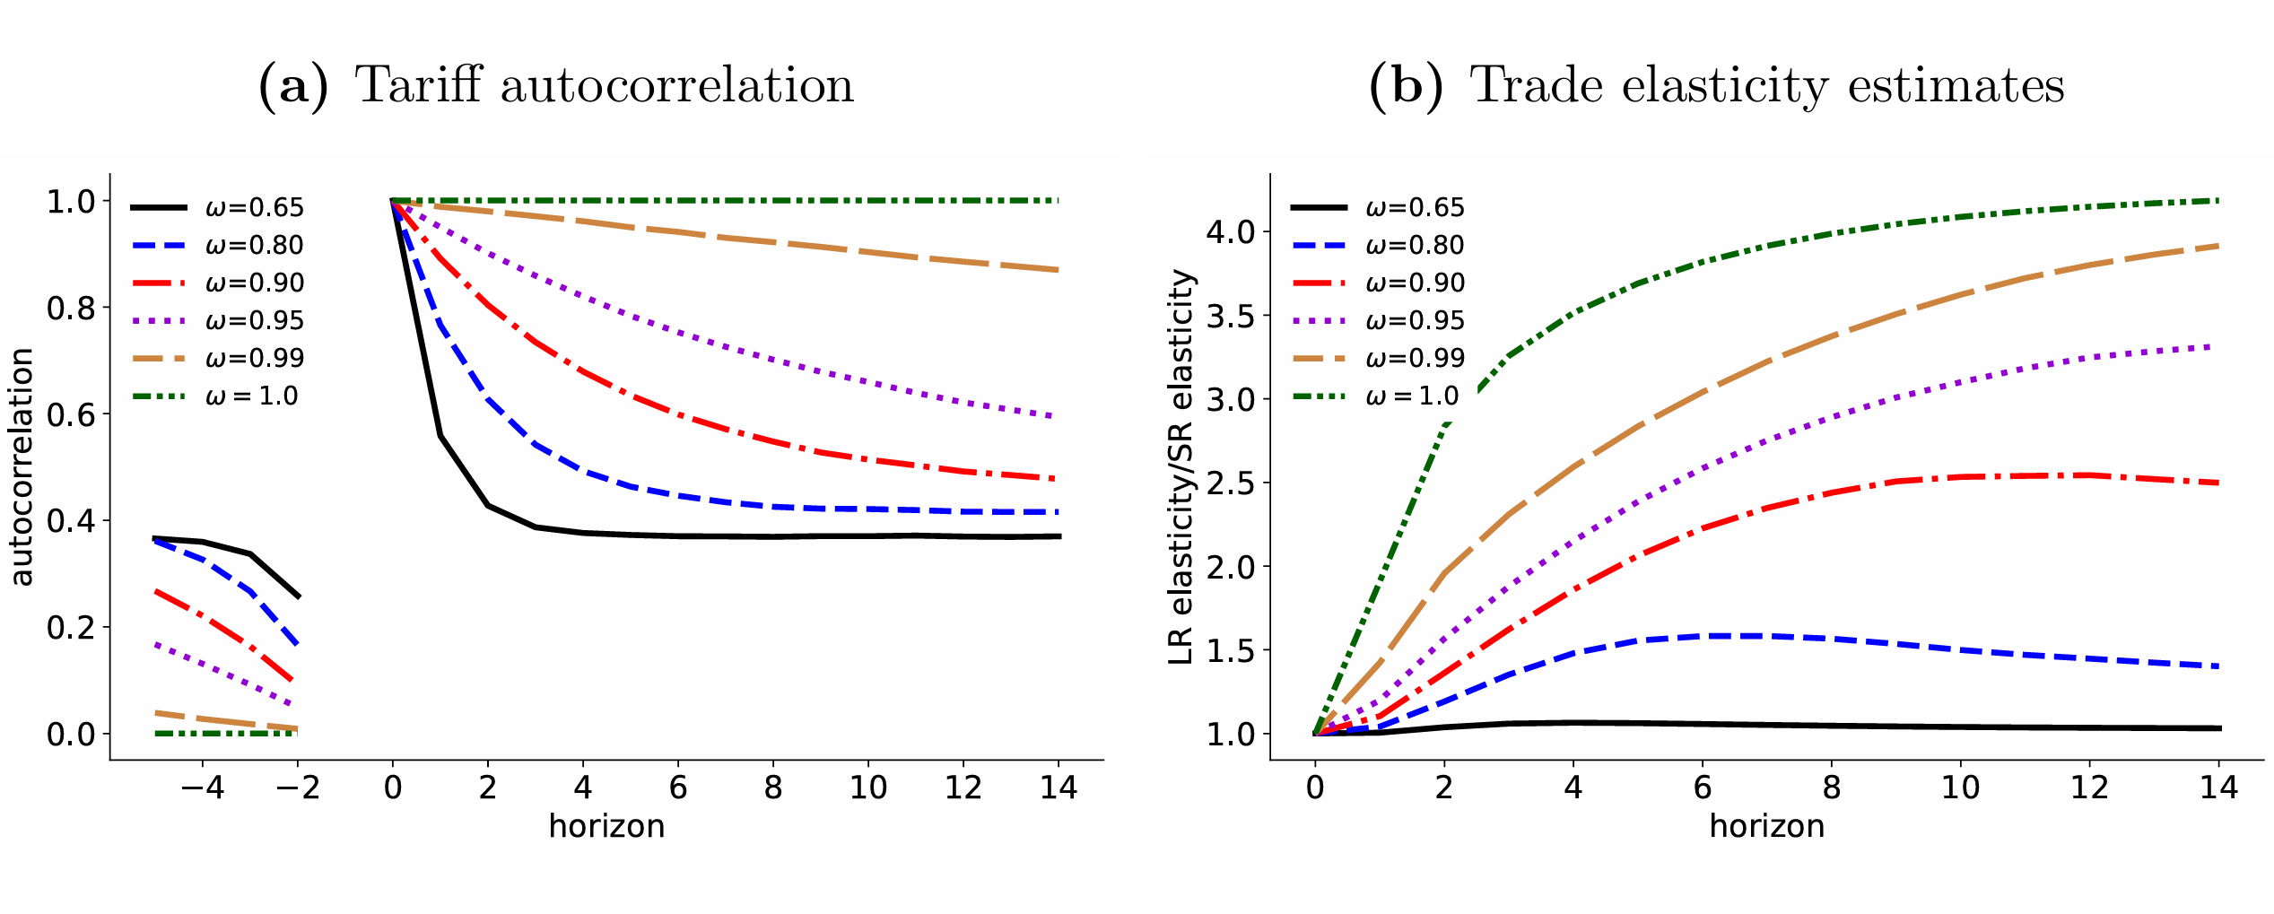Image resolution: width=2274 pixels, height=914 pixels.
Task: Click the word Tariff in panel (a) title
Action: click(x=419, y=87)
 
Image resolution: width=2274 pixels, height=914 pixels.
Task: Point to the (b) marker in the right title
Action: click(x=1406, y=87)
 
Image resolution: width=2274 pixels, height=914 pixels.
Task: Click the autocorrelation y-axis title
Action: click(x=22, y=466)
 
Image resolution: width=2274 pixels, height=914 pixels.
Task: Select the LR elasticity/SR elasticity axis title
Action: click(x=1181, y=466)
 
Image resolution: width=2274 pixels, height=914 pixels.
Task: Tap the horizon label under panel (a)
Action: click(x=606, y=826)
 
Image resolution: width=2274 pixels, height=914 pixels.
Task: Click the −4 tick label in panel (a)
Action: click(x=202, y=788)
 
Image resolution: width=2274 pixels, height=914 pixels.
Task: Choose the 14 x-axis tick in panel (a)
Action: click(x=1058, y=788)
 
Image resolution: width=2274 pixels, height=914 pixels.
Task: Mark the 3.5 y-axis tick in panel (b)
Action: click(x=1231, y=316)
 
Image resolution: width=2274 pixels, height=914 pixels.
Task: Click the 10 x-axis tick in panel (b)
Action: click(x=1960, y=788)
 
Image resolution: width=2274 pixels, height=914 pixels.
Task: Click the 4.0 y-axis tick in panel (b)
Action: click(x=1231, y=232)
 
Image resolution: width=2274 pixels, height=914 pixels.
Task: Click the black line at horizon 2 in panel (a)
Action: click(x=487, y=505)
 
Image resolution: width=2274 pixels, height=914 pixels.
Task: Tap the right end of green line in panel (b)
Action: click(x=2217, y=201)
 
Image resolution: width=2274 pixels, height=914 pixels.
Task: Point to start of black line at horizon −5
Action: click(x=155, y=538)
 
